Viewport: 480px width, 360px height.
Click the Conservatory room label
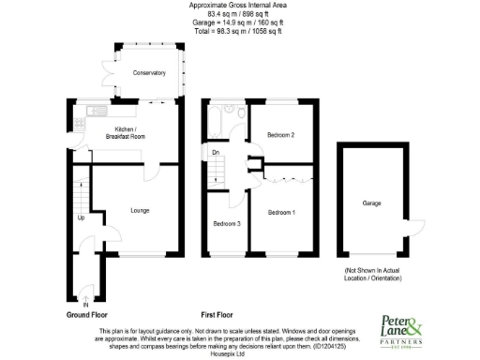coord(148,73)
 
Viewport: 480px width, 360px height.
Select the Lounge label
coord(140,211)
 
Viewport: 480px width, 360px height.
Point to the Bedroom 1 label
coord(281,213)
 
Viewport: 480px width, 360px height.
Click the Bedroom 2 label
coord(280,135)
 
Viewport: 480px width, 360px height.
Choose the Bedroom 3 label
coord(226,224)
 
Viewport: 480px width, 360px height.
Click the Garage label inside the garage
coord(371,202)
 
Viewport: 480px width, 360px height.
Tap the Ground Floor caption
coord(87,316)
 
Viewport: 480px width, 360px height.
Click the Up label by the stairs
coord(82,217)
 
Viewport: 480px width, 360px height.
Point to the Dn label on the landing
coord(216,152)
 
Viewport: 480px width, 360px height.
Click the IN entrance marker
coord(85,304)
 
